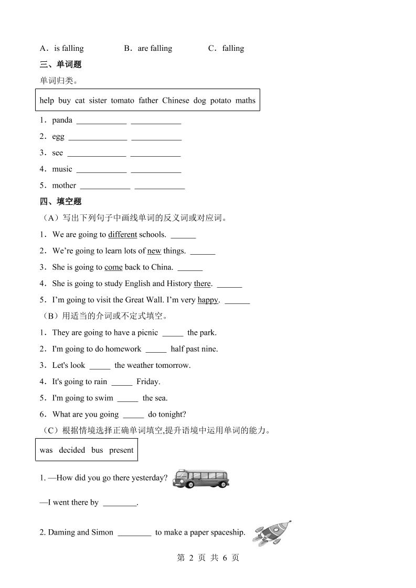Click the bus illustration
point(201,478)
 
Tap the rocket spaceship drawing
point(272,531)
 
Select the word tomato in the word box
point(122,100)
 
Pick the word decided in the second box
point(72,450)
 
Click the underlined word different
point(122,234)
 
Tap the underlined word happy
point(208,300)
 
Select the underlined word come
point(113,267)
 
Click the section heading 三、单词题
point(60,64)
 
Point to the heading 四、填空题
point(60,201)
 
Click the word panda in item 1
point(62,120)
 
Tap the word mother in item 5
point(64,185)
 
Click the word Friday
point(148,382)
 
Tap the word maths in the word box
point(245,100)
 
